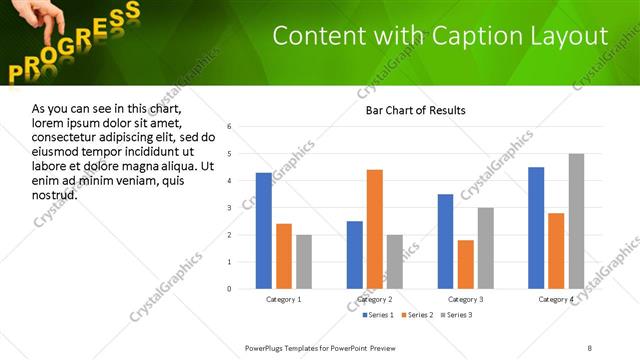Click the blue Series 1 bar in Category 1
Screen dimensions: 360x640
[264, 231]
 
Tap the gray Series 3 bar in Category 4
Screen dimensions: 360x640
[577, 221]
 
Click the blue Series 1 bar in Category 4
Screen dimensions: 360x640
[536, 228]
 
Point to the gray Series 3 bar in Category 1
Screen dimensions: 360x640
[304, 262]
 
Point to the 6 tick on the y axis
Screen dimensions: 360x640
[230, 127]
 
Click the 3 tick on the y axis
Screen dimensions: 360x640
[230, 208]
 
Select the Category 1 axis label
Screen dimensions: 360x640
[284, 299]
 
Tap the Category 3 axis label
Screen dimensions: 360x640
[466, 299]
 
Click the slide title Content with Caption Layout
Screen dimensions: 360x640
[440, 36]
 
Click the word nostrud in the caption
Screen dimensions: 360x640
[55, 194]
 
